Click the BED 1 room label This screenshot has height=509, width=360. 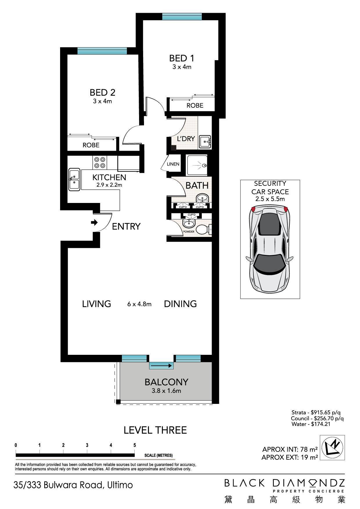click(181, 58)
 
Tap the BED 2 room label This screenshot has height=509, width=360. click(102, 93)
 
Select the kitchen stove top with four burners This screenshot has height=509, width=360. click(100, 162)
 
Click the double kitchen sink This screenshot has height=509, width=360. click(74, 179)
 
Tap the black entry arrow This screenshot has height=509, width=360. click(94, 223)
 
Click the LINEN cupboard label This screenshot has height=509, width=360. click(173, 164)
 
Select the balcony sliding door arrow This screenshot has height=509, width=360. click(161, 366)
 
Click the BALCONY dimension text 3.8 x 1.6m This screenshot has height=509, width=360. click(166, 391)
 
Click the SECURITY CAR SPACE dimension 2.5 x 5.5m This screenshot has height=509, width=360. click(270, 199)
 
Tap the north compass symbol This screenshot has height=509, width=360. click(332, 447)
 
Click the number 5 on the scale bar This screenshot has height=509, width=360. click(134, 445)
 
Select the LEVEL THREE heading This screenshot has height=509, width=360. click(155, 430)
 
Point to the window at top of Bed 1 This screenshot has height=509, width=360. click(182, 17)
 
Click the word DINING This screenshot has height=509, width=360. click(180, 304)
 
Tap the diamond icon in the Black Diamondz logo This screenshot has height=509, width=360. click(313, 483)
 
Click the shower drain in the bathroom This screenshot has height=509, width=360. click(205, 166)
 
